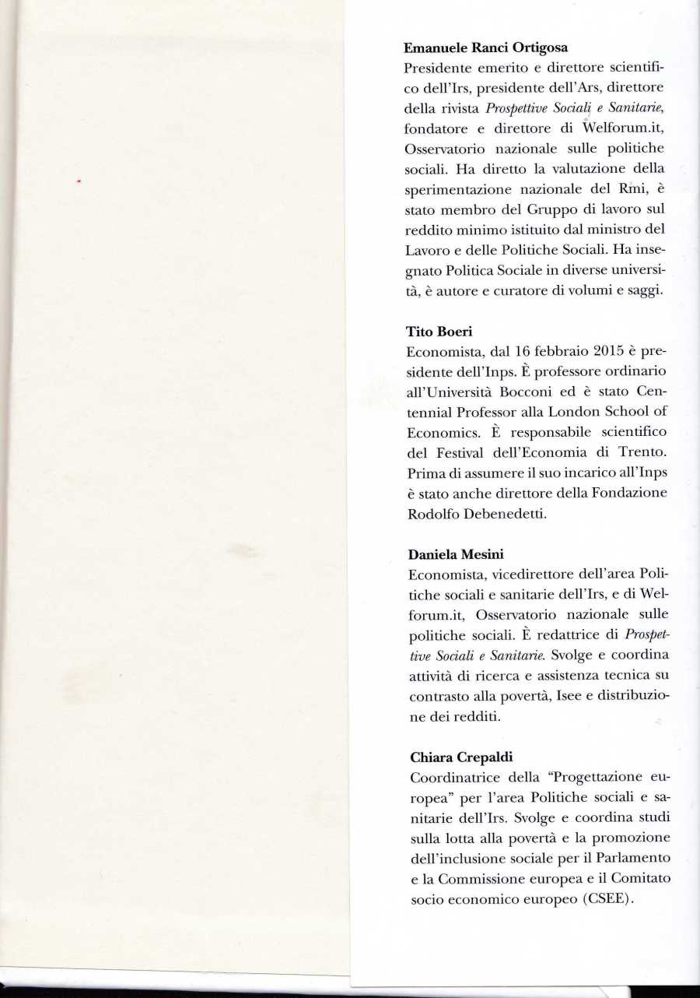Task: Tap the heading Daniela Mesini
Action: pos(456,554)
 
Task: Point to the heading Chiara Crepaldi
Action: pos(457,757)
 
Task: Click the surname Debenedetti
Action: pos(498,514)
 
